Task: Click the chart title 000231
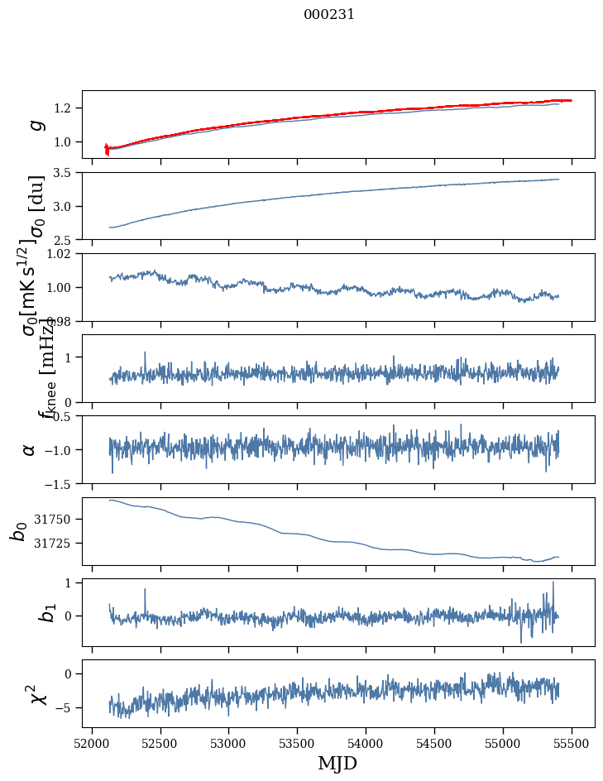[x=329, y=14]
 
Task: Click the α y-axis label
[x=30, y=449]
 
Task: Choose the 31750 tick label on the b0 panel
[x=55, y=519]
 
